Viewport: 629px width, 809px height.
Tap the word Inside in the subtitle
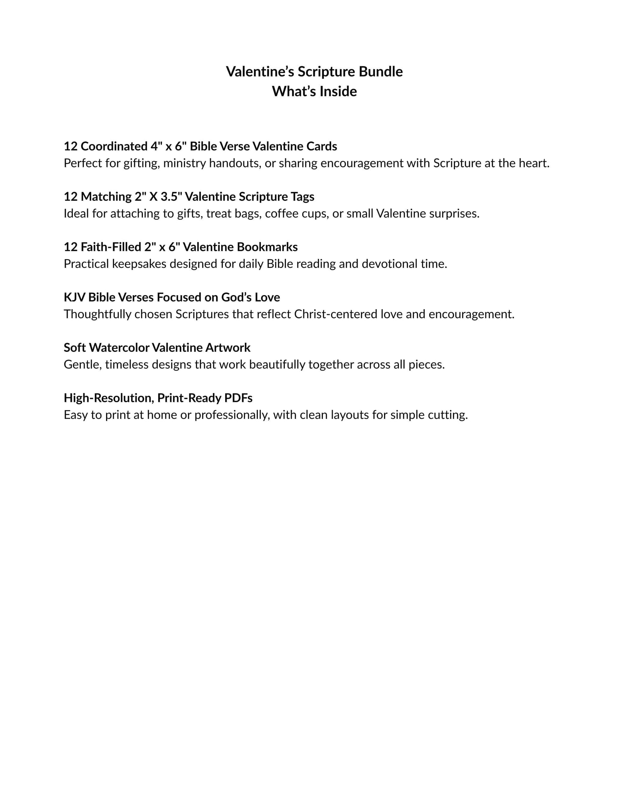click(338, 92)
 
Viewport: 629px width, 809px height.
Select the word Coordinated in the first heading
click(114, 146)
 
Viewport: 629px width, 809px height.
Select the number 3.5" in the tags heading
click(171, 197)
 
